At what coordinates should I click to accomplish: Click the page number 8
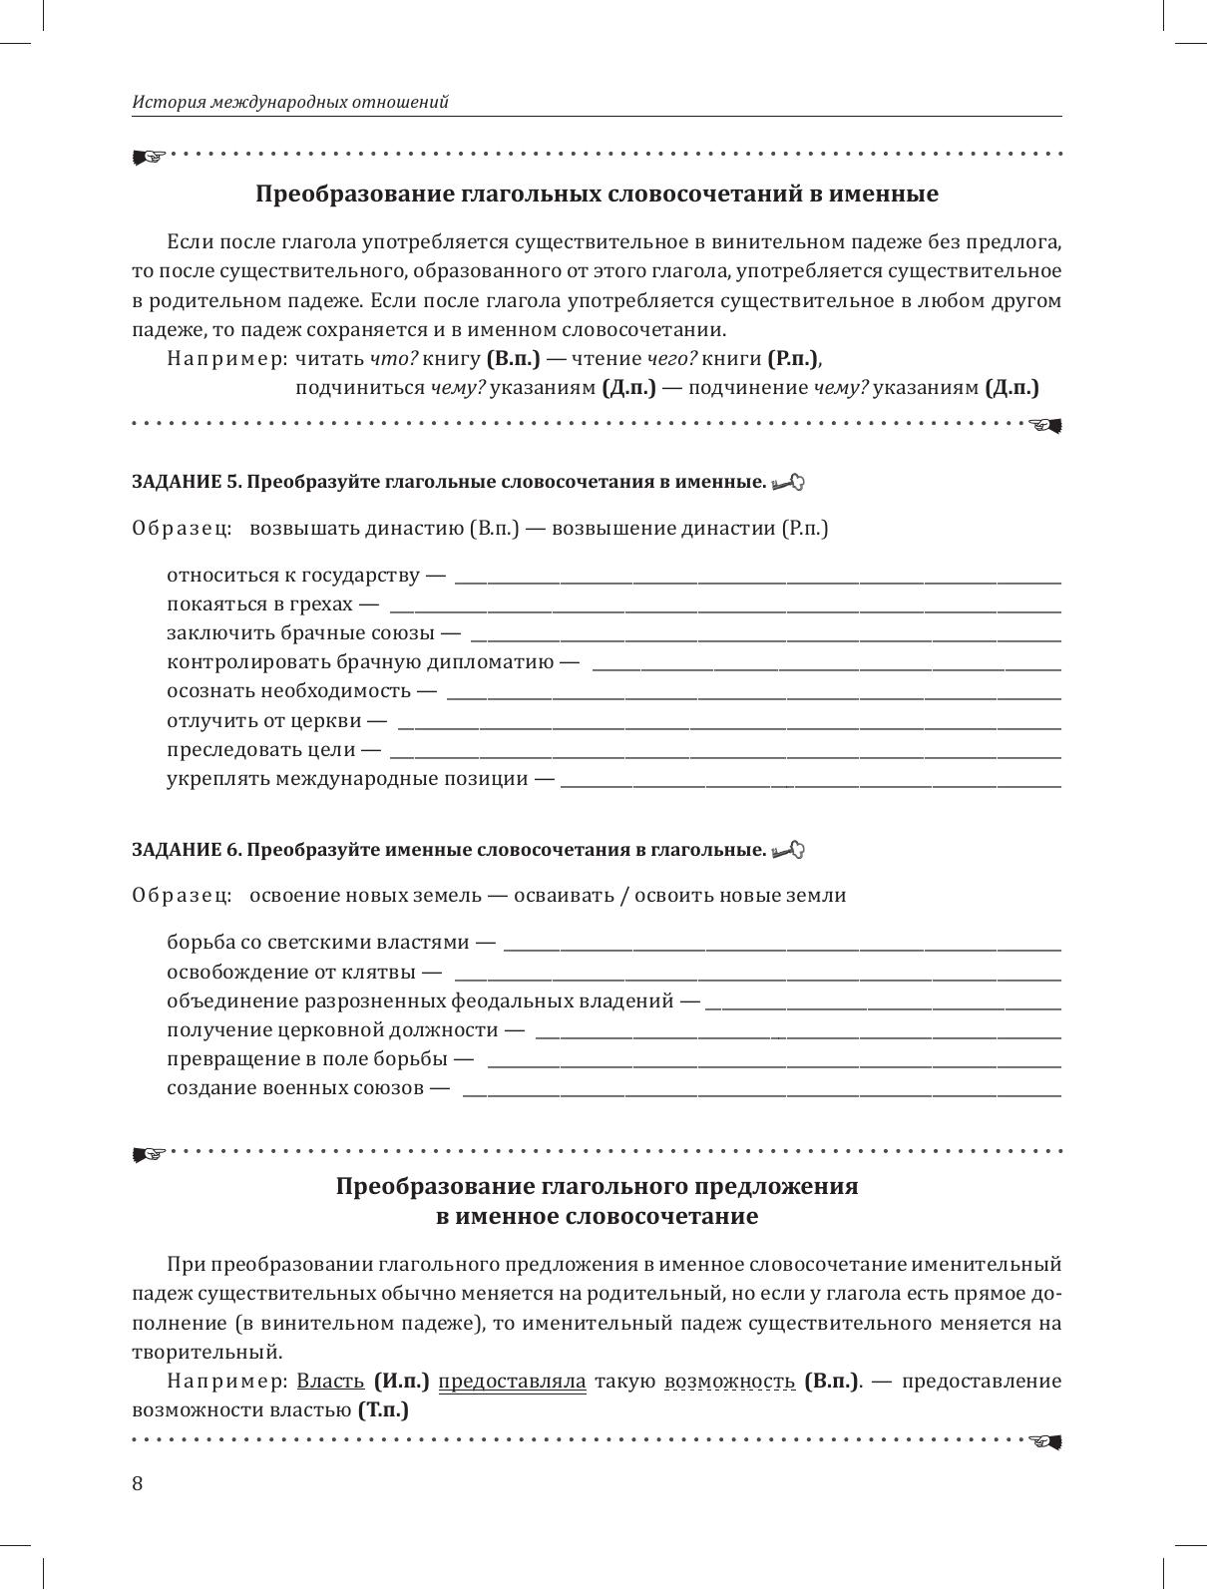[138, 1483]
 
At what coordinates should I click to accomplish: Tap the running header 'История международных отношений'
[290, 102]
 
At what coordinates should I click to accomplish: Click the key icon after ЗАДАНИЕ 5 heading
[788, 483]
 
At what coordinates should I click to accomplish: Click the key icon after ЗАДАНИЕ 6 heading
[788, 851]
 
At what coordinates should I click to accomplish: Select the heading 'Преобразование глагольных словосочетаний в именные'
[597, 194]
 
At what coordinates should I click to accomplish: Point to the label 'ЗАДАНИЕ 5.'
[187, 483]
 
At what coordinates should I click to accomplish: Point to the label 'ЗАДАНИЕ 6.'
[187, 851]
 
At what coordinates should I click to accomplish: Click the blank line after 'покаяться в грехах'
[725, 607]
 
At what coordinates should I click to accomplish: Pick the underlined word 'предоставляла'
[512, 1382]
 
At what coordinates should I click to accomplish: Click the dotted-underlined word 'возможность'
[729, 1382]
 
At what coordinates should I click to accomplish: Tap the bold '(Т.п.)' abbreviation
[383, 1410]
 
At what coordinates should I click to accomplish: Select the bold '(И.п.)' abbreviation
[402, 1382]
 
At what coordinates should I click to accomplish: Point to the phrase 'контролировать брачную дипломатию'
[360, 662]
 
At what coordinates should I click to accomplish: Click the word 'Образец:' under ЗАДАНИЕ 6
[182, 896]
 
